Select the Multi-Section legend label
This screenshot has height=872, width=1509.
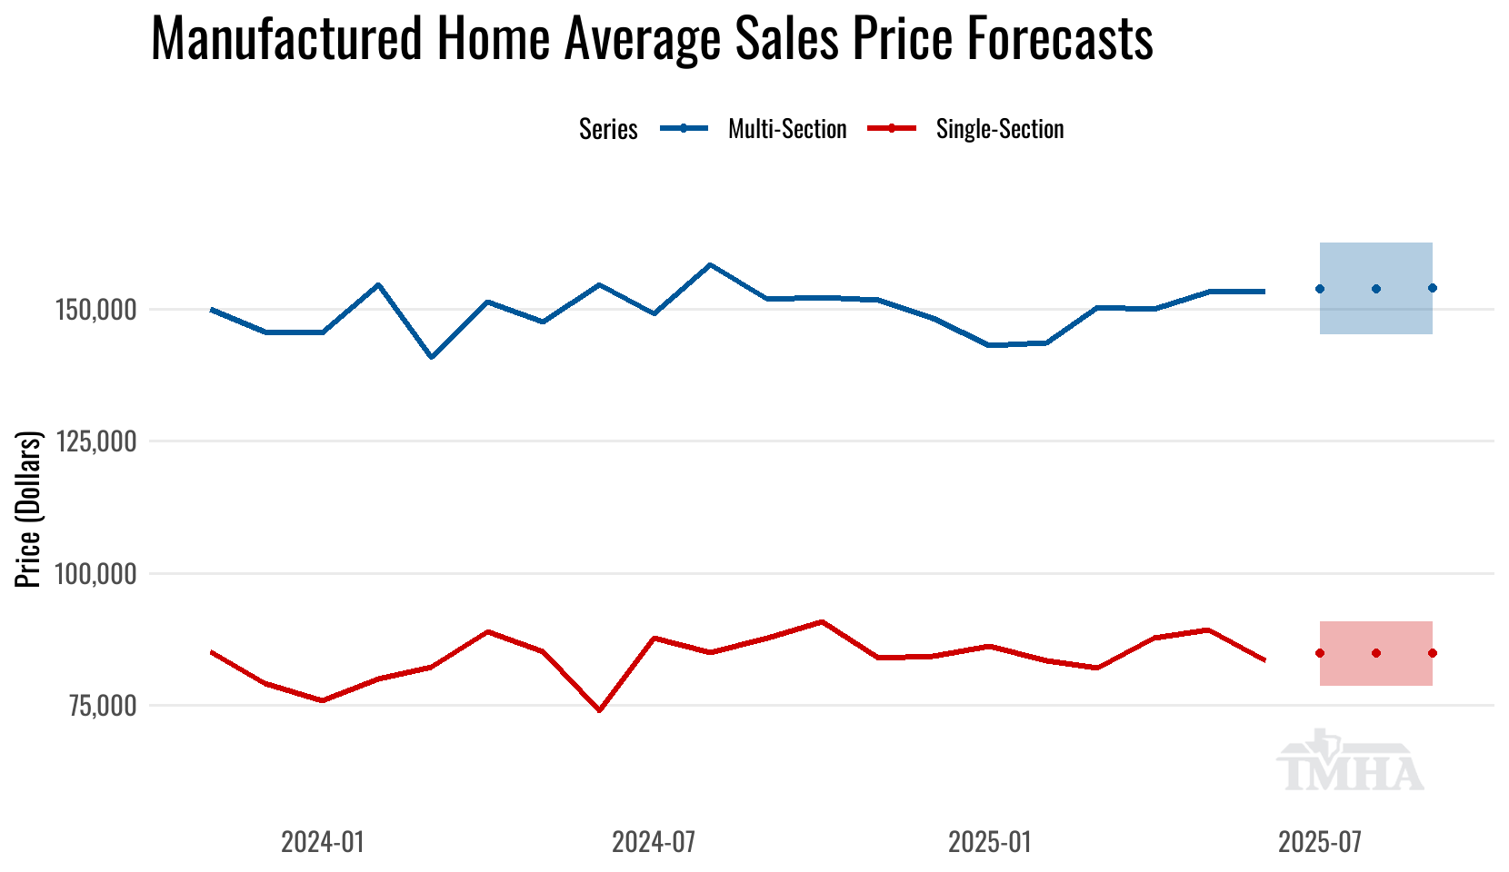(787, 129)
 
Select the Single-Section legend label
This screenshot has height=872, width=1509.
(1000, 129)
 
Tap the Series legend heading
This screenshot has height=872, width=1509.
(608, 129)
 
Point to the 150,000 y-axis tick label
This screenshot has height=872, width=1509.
(96, 310)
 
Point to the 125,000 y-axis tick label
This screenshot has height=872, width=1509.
(96, 441)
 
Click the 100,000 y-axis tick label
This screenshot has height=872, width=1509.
(96, 574)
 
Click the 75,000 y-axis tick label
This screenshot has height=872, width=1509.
(101, 706)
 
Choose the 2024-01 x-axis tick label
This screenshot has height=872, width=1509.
(323, 842)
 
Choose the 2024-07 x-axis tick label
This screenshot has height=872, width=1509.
(654, 842)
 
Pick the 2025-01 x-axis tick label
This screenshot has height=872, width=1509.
(990, 842)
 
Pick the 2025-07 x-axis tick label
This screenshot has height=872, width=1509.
(1320, 842)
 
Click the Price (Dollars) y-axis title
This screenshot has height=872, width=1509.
(29, 510)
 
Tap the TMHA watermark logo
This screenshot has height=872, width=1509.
(1351, 761)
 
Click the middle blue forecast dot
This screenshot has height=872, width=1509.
(1376, 289)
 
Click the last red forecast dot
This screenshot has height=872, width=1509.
(1433, 653)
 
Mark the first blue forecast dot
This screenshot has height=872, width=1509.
(1320, 289)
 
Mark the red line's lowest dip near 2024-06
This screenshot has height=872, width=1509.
(599, 710)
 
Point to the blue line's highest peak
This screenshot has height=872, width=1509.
(710, 265)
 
